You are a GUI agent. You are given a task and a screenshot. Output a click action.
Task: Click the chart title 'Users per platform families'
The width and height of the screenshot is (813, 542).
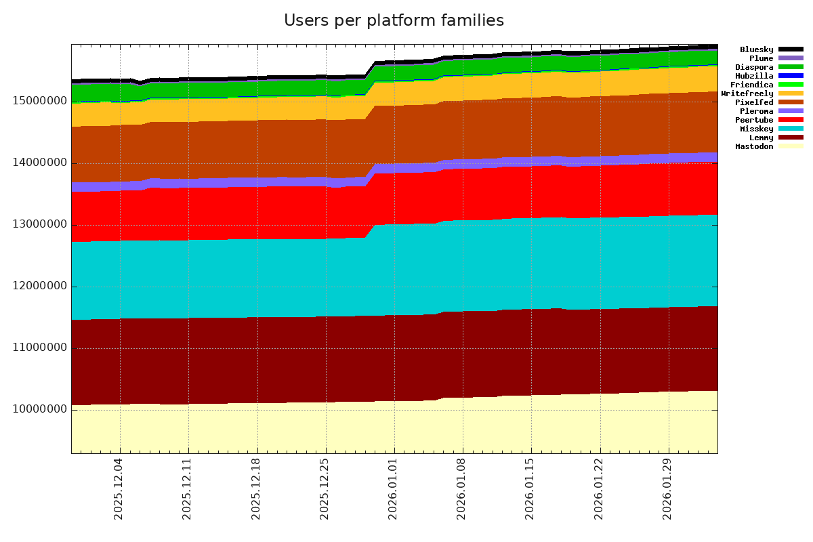(x=394, y=21)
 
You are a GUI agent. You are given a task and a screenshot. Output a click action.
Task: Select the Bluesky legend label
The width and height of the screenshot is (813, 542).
(x=756, y=49)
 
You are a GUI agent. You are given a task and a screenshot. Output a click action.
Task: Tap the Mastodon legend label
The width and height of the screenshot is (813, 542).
(x=754, y=146)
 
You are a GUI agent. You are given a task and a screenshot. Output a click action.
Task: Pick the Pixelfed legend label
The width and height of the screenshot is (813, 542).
(x=754, y=102)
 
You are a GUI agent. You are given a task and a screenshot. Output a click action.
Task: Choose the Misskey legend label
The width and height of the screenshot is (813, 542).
(x=756, y=129)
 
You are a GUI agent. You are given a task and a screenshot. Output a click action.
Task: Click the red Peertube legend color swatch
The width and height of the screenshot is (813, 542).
(x=791, y=120)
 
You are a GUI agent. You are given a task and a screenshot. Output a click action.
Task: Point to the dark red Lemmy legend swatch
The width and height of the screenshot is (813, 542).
(x=791, y=138)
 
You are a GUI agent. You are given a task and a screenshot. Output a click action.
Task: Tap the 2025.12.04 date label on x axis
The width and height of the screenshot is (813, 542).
(x=119, y=492)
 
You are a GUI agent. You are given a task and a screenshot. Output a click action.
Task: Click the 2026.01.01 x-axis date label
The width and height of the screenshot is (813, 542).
(x=393, y=492)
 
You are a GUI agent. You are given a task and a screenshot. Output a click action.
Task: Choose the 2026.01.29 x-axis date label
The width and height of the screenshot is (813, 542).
(x=668, y=492)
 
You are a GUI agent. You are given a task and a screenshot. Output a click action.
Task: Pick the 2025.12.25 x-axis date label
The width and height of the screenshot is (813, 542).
(x=325, y=492)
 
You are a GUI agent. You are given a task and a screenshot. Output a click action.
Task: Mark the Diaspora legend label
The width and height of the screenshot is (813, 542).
(x=754, y=67)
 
